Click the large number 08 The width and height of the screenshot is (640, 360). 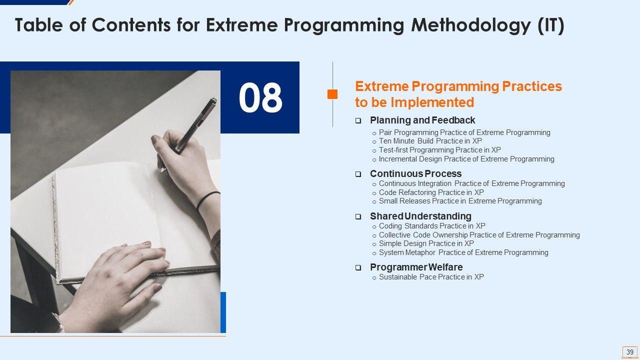coord(260,97)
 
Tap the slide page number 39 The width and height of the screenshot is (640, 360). coord(629,351)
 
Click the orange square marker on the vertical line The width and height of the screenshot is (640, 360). coord(332,94)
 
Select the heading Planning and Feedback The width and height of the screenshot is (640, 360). coord(422,120)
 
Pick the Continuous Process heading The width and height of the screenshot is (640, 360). coord(415,173)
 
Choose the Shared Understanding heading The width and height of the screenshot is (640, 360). coord(420,216)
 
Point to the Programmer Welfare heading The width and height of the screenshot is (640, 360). coord(416,267)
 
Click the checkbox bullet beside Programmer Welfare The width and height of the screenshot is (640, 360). coord(358,267)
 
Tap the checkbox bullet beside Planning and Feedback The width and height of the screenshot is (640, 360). coord(358,120)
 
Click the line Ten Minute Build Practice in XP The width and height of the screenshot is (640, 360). coord(430,141)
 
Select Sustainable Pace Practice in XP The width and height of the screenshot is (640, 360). coord(431,277)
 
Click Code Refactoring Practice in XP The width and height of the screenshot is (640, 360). coord(431,192)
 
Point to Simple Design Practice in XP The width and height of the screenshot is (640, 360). coord(426,243)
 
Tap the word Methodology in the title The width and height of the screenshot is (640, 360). coord(471,25)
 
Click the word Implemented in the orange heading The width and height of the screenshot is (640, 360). coord(432,102)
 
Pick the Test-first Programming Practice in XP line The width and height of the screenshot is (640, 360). coord(439,150)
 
